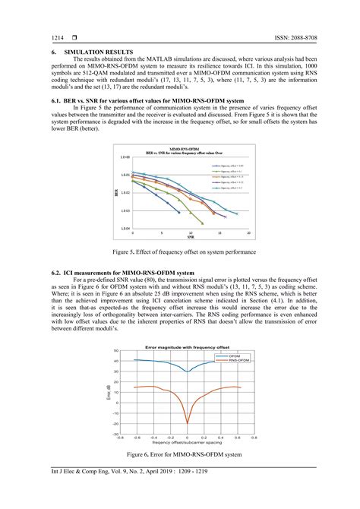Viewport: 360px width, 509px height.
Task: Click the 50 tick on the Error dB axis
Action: [115, 351]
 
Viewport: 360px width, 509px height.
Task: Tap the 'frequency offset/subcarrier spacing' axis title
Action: [187, 442]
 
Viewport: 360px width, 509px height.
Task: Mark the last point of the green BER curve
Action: [200, 223]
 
